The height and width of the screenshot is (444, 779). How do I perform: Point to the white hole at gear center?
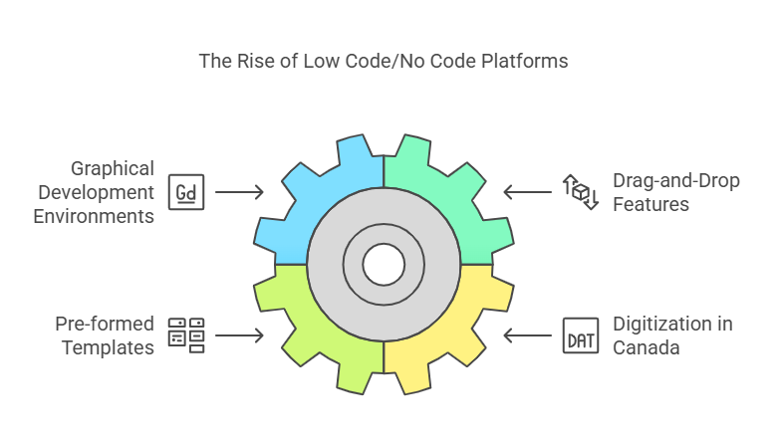pyautogui.click(x=384, y=264)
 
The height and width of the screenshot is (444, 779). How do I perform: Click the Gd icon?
pyautogui.click(x=186, y=190)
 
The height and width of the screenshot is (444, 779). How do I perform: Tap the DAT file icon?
pyautogui.click(x=580, y=335)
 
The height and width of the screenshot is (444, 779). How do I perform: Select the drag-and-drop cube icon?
pyautogui.click(x=580, y=191)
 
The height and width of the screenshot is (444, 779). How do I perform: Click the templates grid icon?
pyautogui.click(x=186, y=335)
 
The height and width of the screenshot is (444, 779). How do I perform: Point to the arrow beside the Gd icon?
pyautogui.click(x=239, y=190)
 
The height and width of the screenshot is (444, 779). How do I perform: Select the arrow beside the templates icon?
pyautogui.click(x=239, y=335)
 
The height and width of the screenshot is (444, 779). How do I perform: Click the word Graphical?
pyautogui.click(x=112, y=168)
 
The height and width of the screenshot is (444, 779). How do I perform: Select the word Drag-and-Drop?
pyautogui.click(x=673, y=180)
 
